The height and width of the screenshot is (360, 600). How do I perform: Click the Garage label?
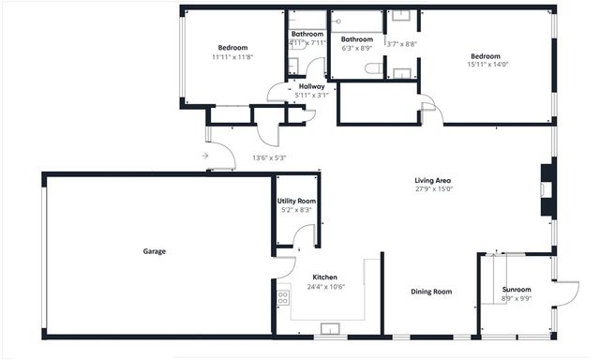pyautogui.click(x=155, y=251)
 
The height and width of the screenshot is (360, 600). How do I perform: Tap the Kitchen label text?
pyautogui.click(x=324, y=277)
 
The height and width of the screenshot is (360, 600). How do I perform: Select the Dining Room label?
pyautogui.click(x=431, y=292)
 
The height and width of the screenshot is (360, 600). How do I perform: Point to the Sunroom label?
pyautogui.click(x=517, y=290)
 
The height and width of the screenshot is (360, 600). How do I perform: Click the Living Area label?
pyautogui.click(x=434, y=180)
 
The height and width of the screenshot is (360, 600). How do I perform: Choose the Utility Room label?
pyautogui.click(x=296, y=202)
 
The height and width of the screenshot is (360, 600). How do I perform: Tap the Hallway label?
pyautogui.click(x=311, y=86)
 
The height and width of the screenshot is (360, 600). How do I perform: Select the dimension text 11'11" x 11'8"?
pyautogui.click(x=232, y=57)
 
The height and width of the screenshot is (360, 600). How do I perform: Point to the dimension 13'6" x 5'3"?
pyautogui.click(x=269, y=157)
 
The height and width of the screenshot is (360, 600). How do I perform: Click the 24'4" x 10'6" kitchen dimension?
pyautogui.click(x=324, y=287)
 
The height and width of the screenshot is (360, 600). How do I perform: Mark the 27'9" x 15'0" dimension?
pyautogui.click(x=434, y=188)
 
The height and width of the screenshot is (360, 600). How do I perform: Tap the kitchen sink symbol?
pyautogui.click(x=330, y=329)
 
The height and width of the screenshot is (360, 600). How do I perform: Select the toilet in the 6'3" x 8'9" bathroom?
pyautogui.click(x=372, y=68)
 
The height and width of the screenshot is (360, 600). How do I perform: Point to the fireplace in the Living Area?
pyautogui.click(x=547, y=190)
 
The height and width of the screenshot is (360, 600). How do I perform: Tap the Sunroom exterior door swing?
pyautogui.click(x=564, y=293)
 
